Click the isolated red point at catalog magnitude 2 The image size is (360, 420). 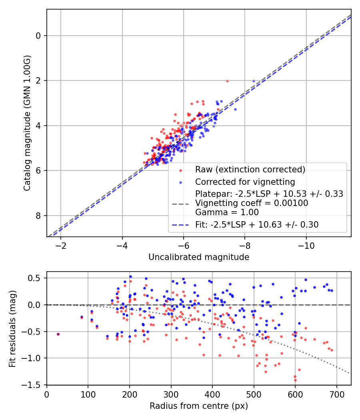(x=227, y=81)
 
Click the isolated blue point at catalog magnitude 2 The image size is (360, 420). (x=254, y=81)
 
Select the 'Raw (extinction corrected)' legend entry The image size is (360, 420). (x=250, y=170)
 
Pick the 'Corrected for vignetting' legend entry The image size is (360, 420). (x=245, y=182)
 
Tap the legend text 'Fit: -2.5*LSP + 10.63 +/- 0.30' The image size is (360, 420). (x=257, y=225)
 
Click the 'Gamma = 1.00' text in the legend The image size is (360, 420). (x=227, y=212)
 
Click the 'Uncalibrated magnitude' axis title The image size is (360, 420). (x=199, y=257)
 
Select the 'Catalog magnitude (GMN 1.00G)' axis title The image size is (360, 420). (x=27, y=123)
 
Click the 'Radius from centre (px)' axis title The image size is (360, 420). (x=199, y=406)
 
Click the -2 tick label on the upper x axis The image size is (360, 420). (x=61, y=244)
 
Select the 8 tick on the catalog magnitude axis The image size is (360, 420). (x=39, y=216)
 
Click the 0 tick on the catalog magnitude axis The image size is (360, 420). (x=39, y=36)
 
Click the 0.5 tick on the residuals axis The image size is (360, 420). (x=36, y=278)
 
